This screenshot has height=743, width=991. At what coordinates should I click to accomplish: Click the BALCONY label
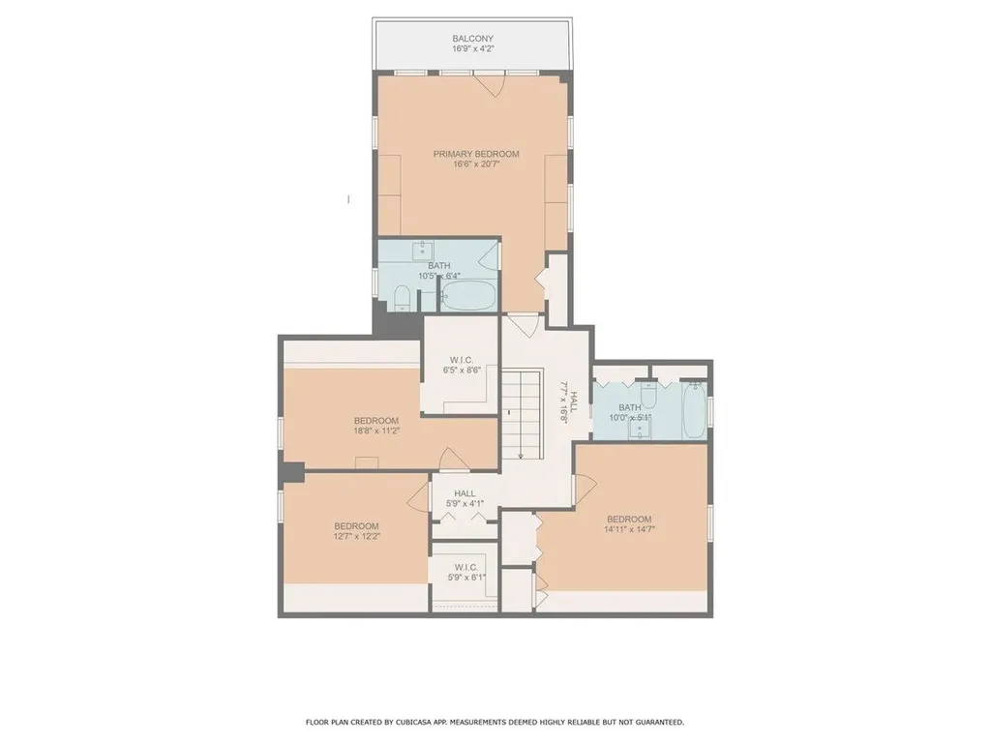[472, 39]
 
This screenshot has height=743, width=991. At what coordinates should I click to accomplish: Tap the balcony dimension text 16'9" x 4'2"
[472, 48]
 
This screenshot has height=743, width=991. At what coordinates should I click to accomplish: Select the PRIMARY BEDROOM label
[476, 154]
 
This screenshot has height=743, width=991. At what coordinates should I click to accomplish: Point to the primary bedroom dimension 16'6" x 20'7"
[476, 164]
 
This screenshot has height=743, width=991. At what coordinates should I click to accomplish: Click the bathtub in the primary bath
[467, 296]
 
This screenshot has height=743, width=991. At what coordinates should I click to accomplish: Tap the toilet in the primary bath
[402, 298]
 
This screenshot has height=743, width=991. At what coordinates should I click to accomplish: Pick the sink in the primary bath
[422, 251]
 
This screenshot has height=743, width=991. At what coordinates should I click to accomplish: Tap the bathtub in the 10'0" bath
[695, 410]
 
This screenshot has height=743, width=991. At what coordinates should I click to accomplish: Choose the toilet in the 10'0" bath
[648, 395]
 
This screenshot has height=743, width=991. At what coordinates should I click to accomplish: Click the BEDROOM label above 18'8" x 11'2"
[376, 421]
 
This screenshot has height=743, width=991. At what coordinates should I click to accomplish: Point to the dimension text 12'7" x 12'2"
[357, 536]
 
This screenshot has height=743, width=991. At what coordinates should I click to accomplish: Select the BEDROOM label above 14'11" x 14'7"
[629, 520]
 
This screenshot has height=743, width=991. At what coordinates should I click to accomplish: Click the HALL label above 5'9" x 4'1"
[465, 493]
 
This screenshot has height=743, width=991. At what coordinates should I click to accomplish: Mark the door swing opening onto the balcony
[489, 86]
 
